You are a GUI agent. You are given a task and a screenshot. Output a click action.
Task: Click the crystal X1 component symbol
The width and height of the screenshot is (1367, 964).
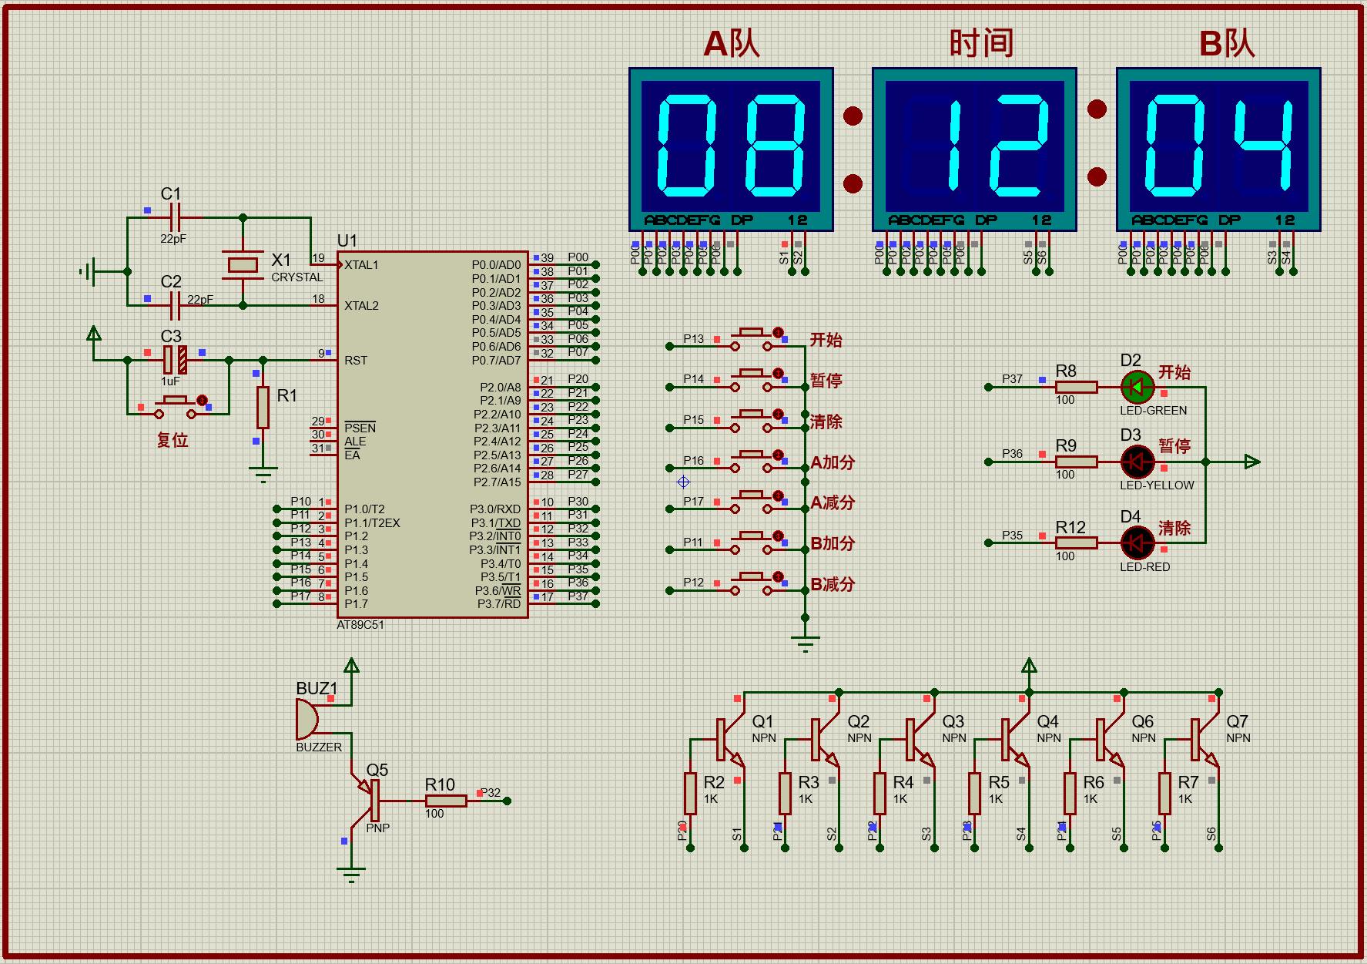243,264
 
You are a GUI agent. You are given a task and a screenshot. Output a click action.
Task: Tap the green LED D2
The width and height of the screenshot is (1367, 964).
1137,387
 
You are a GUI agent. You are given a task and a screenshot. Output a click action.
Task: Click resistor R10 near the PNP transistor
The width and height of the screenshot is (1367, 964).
445,801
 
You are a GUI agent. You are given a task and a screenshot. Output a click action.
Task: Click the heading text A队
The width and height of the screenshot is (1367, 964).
732,44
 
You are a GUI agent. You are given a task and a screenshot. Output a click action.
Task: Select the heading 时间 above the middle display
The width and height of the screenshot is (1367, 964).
980,44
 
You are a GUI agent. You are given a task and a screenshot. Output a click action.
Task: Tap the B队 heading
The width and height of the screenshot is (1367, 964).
1227,44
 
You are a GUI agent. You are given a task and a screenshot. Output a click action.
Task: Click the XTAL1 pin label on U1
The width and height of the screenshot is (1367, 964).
361,265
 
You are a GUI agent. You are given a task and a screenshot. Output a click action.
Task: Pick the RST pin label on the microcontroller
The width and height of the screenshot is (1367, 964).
356,361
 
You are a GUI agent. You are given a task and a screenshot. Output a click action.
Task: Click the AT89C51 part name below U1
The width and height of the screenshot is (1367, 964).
360,625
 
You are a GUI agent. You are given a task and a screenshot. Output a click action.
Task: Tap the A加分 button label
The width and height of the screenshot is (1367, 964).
833,462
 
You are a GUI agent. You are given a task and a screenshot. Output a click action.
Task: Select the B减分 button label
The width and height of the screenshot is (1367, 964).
833,584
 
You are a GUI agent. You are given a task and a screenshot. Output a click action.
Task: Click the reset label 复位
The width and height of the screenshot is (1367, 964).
173,440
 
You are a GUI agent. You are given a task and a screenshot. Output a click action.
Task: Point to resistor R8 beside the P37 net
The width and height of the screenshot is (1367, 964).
1076,387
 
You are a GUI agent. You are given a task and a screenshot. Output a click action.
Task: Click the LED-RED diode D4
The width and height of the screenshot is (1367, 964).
1137,542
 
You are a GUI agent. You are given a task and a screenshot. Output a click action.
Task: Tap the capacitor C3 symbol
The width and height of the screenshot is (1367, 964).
175,360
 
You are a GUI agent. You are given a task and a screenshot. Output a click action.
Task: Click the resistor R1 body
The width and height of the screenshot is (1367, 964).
263,407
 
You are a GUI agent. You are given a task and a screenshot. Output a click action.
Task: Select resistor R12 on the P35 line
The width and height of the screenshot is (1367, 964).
1076,542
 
